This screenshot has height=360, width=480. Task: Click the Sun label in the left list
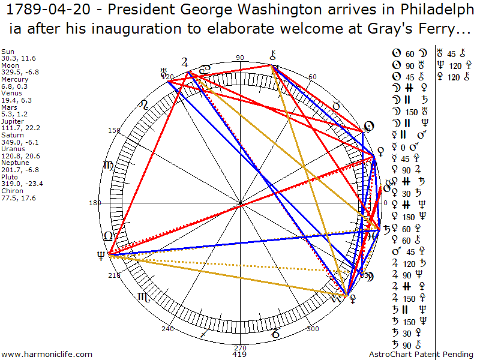pos(8,52)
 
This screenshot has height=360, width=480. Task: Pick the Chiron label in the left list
pos(12,191)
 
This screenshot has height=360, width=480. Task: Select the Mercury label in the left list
pos(14,79)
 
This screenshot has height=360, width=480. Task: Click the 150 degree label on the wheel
pos(114,130)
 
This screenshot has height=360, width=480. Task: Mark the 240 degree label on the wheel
pos(167,329)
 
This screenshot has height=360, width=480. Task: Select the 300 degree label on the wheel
pos(313,329)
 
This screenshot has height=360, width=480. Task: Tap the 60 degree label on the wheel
pos(312,77)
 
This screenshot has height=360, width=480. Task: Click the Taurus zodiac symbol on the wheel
pos(337,106)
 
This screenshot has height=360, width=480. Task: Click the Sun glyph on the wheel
pos(370,127)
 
